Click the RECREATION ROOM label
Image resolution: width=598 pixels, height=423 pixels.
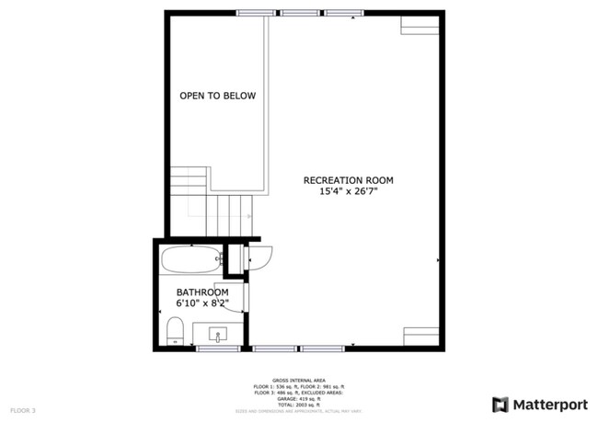(349, 179)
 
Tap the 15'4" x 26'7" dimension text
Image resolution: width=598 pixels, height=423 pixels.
(349, 191)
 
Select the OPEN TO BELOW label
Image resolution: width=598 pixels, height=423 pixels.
(217, 96)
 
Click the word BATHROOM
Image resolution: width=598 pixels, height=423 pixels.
(202, 292)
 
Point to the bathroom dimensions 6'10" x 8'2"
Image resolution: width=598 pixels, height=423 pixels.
(202, 303)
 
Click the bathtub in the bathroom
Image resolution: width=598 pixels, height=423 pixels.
(191, 259)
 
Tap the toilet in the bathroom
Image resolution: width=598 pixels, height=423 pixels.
(175, 331)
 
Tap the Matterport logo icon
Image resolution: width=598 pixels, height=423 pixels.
(500, 405)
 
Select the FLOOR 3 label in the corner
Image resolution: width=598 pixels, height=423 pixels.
(23, 409)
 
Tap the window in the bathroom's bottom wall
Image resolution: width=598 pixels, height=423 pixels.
(218, 349)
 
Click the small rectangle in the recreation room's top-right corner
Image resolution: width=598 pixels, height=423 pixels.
(420, 25)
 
